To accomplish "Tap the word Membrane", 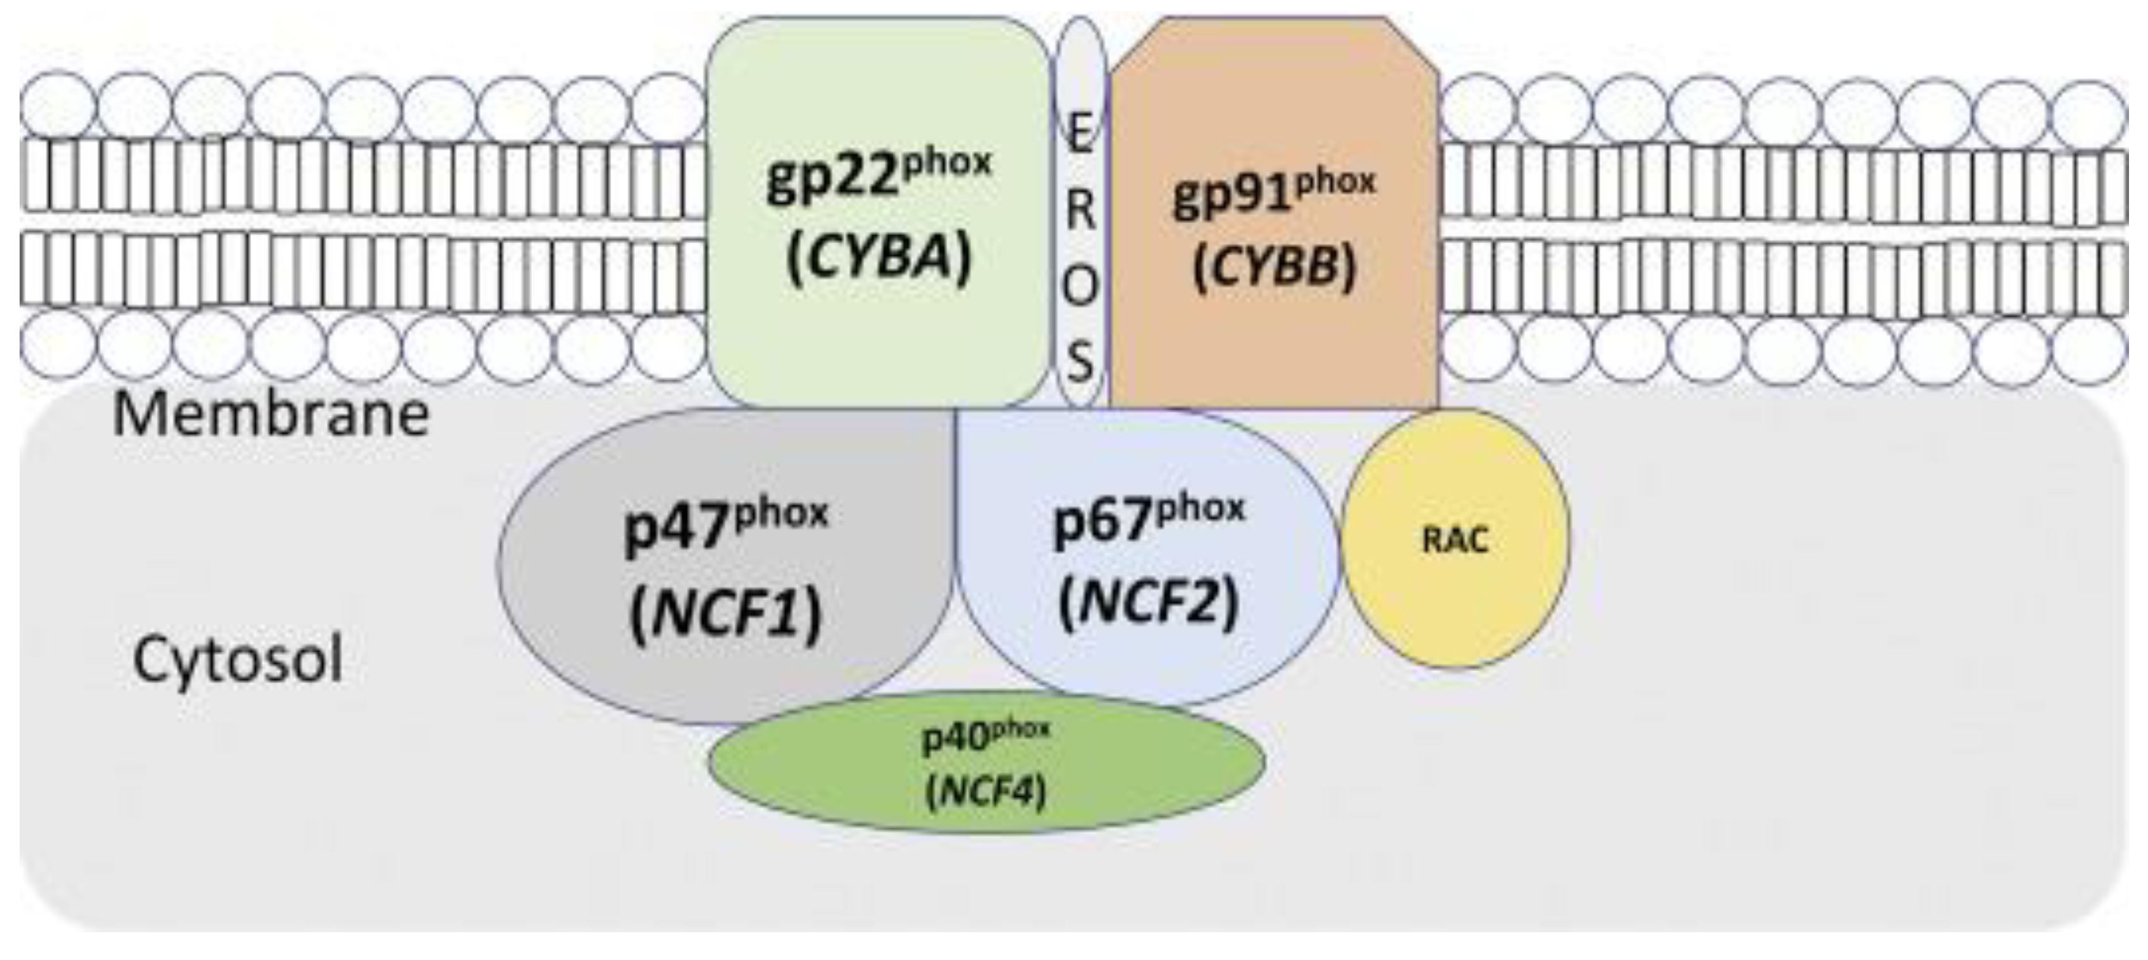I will tap(271, 414).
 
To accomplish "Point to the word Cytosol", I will tap(238, 659).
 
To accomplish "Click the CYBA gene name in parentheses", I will tap(880, 257).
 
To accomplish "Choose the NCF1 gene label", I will tap(726, 615).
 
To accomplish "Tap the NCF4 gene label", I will tap(985, 790).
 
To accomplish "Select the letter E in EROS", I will tap(1080, 133).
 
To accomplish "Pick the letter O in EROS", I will tap(1080, 287).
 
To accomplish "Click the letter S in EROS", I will tap(1080, 363).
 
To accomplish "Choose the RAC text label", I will tap(1454, 541).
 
